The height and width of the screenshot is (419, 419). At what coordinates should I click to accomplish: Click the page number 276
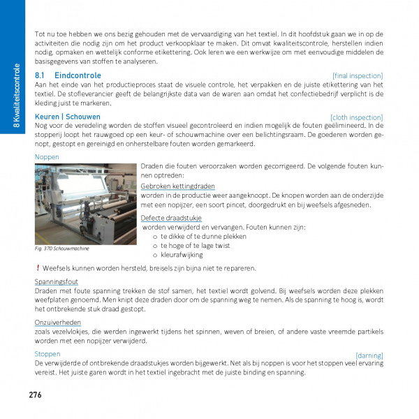(36, 395)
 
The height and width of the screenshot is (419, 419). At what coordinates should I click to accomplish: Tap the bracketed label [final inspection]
(358, 75)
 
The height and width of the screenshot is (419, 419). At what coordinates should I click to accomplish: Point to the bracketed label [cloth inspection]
(356, 117)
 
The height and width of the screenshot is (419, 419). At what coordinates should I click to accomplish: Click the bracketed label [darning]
(369, 355)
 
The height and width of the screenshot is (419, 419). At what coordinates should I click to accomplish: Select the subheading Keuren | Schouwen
(67, 117)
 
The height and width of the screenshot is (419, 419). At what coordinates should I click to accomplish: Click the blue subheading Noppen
(47, 157)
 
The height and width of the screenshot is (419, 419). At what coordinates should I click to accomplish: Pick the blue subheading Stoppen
(47, 354)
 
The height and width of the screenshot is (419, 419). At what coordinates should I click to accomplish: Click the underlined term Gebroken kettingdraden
(177, 186)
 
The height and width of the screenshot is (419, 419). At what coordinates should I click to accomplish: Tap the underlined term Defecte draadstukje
(172, 218)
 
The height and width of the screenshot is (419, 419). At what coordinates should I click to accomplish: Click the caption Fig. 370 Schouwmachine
(61, 248)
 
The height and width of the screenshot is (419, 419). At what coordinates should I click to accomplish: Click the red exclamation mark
(37, 268)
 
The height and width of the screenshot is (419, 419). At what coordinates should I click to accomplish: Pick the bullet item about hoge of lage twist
(195, 245)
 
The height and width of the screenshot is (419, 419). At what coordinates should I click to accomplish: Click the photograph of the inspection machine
(86, 203)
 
